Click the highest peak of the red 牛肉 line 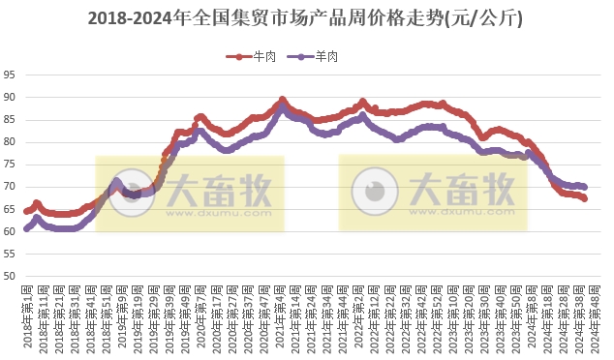click(x=282, y=99)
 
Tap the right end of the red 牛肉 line click(x=584, y=198)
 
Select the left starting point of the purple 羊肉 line click(x=26, y=229)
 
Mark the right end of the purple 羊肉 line click(x=584, y=187)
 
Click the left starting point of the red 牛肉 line click(x=26, y=211)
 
